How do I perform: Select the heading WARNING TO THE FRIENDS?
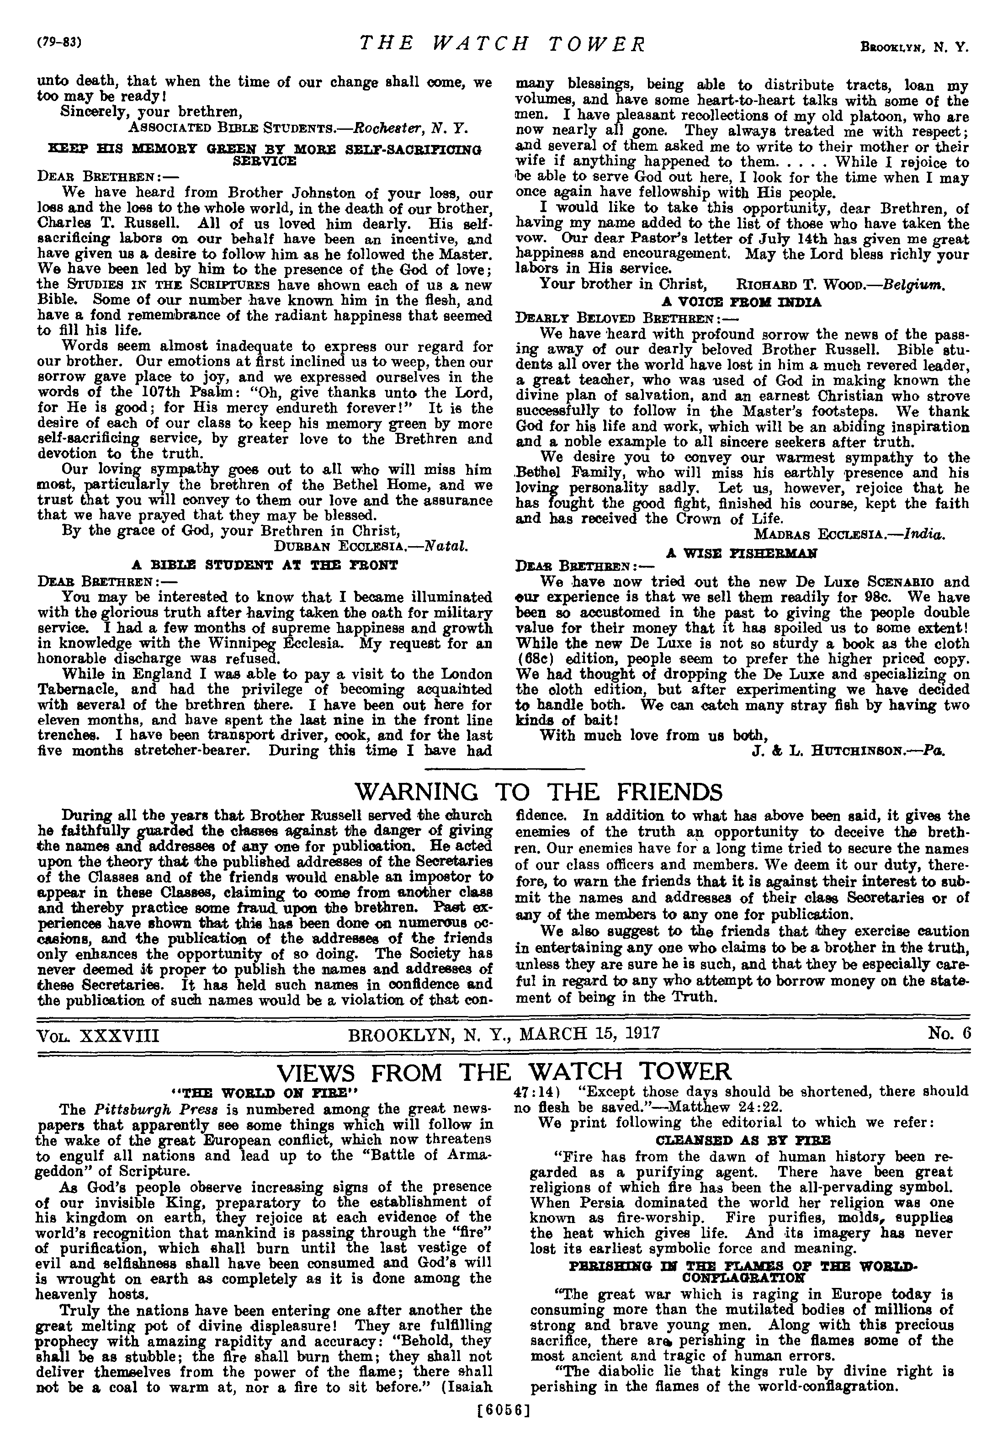coord(539,792)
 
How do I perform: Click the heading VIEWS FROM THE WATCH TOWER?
coord(504,1072)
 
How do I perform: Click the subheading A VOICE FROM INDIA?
coord(742,302)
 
